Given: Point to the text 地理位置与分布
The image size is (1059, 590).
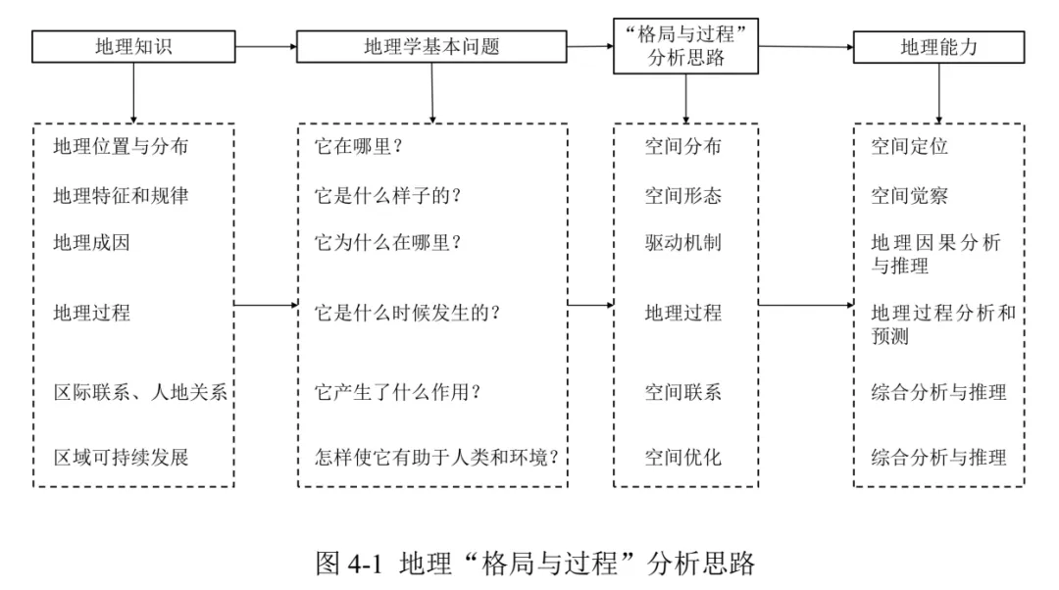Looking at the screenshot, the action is click(121, 146).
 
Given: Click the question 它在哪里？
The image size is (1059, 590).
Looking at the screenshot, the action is click(359, 146).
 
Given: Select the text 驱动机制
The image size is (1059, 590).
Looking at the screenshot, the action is click(682, 243).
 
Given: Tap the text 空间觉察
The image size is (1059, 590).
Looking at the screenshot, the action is click(909, 196).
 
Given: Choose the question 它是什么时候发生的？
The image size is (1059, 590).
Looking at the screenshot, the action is click(407, 314).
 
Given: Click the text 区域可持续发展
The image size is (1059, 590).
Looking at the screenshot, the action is click(121, 458).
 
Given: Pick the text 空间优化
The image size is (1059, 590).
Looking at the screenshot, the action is click(682, 458).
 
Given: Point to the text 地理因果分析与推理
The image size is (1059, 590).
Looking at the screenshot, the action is click(935, 254).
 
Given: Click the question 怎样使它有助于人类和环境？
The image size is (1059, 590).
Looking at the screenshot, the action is click(436, 458).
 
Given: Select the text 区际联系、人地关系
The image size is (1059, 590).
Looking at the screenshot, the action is click(140, 392).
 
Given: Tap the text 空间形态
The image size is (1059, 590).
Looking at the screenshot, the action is click(682, 196).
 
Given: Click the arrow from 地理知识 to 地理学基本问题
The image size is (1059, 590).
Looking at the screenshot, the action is click(266, 47).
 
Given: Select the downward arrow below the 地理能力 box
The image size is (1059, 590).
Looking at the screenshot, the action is click(938, 93).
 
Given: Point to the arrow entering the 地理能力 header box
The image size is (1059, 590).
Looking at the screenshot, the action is click(806, 47).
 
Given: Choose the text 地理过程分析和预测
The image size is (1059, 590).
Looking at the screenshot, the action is click(943, 324).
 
